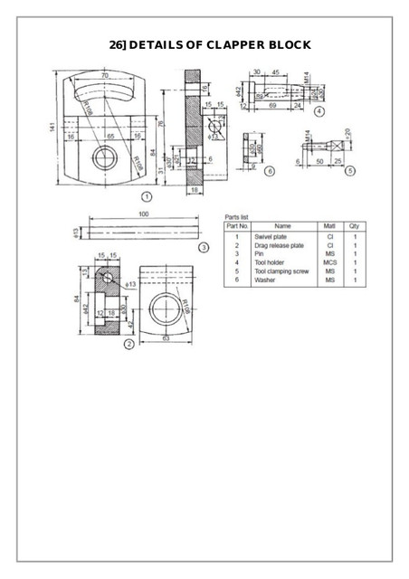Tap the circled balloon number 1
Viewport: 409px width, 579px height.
(147, 194)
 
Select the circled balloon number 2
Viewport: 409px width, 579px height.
(128, 343)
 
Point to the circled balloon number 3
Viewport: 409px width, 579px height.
(204, 246)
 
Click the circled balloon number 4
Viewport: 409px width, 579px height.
(320, 111)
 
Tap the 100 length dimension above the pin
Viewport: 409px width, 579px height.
(143, 214)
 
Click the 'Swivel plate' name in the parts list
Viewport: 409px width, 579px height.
(270, 237)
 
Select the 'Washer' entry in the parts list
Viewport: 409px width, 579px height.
(265, 280)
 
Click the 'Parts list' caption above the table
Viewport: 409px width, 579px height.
(236, 216)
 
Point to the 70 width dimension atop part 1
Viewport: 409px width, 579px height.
(105, 74)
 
